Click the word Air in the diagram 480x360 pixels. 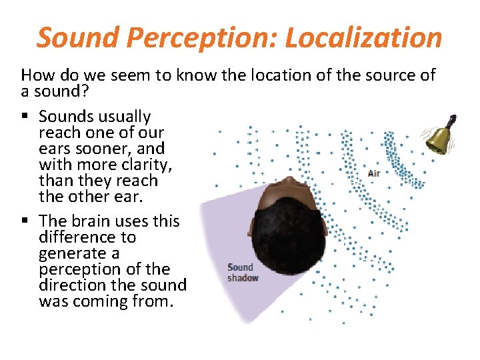(374, 174)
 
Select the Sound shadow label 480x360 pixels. (241, 273)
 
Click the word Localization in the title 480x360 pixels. (363, 38)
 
